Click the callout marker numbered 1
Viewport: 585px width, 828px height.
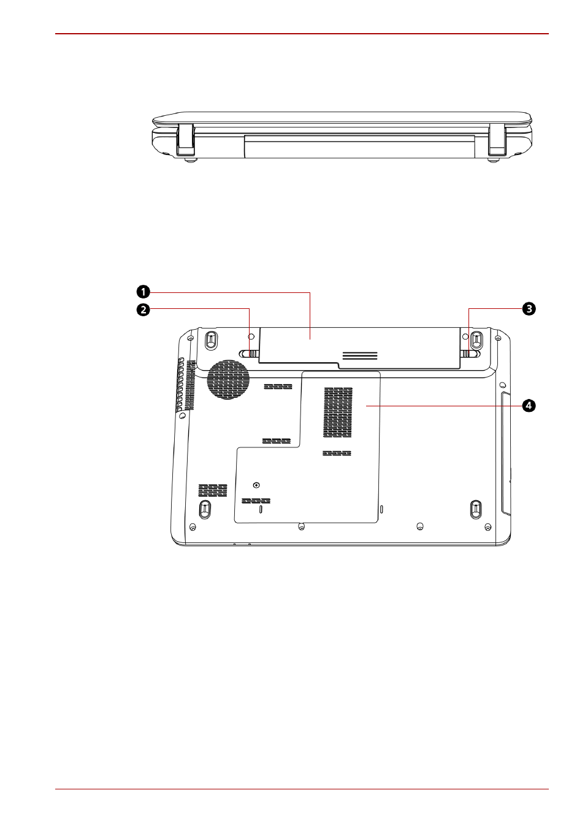(143, 292)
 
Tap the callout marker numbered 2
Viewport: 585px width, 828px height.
(143, 309)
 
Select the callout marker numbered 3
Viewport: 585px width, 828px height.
(529, 309)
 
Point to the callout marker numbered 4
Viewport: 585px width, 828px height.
(529, 406)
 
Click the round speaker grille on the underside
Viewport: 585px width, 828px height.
(228, 379)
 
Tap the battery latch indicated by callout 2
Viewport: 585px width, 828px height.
(249, 354)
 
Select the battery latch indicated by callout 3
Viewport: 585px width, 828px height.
(470, 354)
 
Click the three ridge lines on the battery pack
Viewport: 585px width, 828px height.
(360, 355)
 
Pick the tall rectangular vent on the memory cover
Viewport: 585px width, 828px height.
(338, 412)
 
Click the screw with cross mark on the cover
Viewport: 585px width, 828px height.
(256, 485)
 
